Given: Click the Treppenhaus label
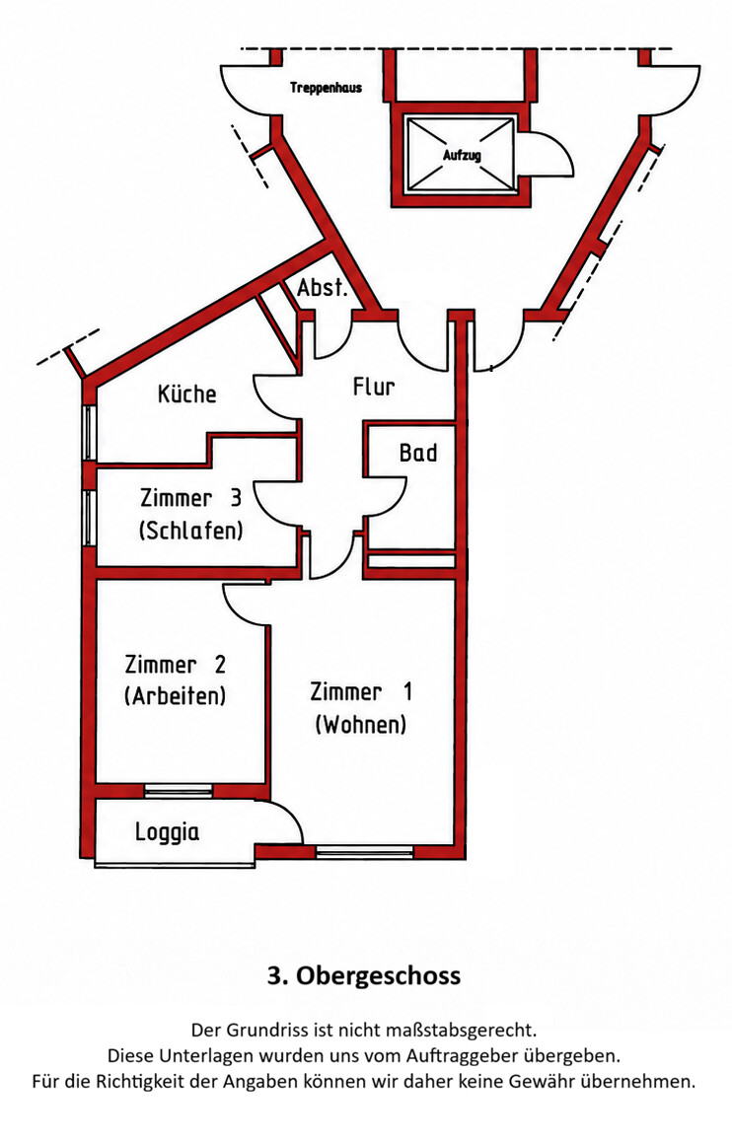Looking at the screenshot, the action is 326,88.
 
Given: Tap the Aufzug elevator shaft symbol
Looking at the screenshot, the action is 461,155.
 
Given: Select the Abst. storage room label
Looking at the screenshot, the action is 322,288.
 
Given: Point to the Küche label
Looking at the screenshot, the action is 187,394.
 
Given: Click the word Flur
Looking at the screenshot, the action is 374,387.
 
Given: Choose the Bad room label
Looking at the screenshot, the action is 417,454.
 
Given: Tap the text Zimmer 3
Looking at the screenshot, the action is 190,499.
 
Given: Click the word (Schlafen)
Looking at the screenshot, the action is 190,530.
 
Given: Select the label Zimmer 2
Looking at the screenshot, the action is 175,665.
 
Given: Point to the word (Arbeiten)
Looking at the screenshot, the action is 175,696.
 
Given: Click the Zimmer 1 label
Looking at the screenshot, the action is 361,691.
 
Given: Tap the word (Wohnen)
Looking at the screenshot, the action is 361,725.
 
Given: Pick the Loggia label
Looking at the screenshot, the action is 167,831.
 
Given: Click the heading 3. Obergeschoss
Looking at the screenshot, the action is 364,975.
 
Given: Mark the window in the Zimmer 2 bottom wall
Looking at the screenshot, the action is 179,790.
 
